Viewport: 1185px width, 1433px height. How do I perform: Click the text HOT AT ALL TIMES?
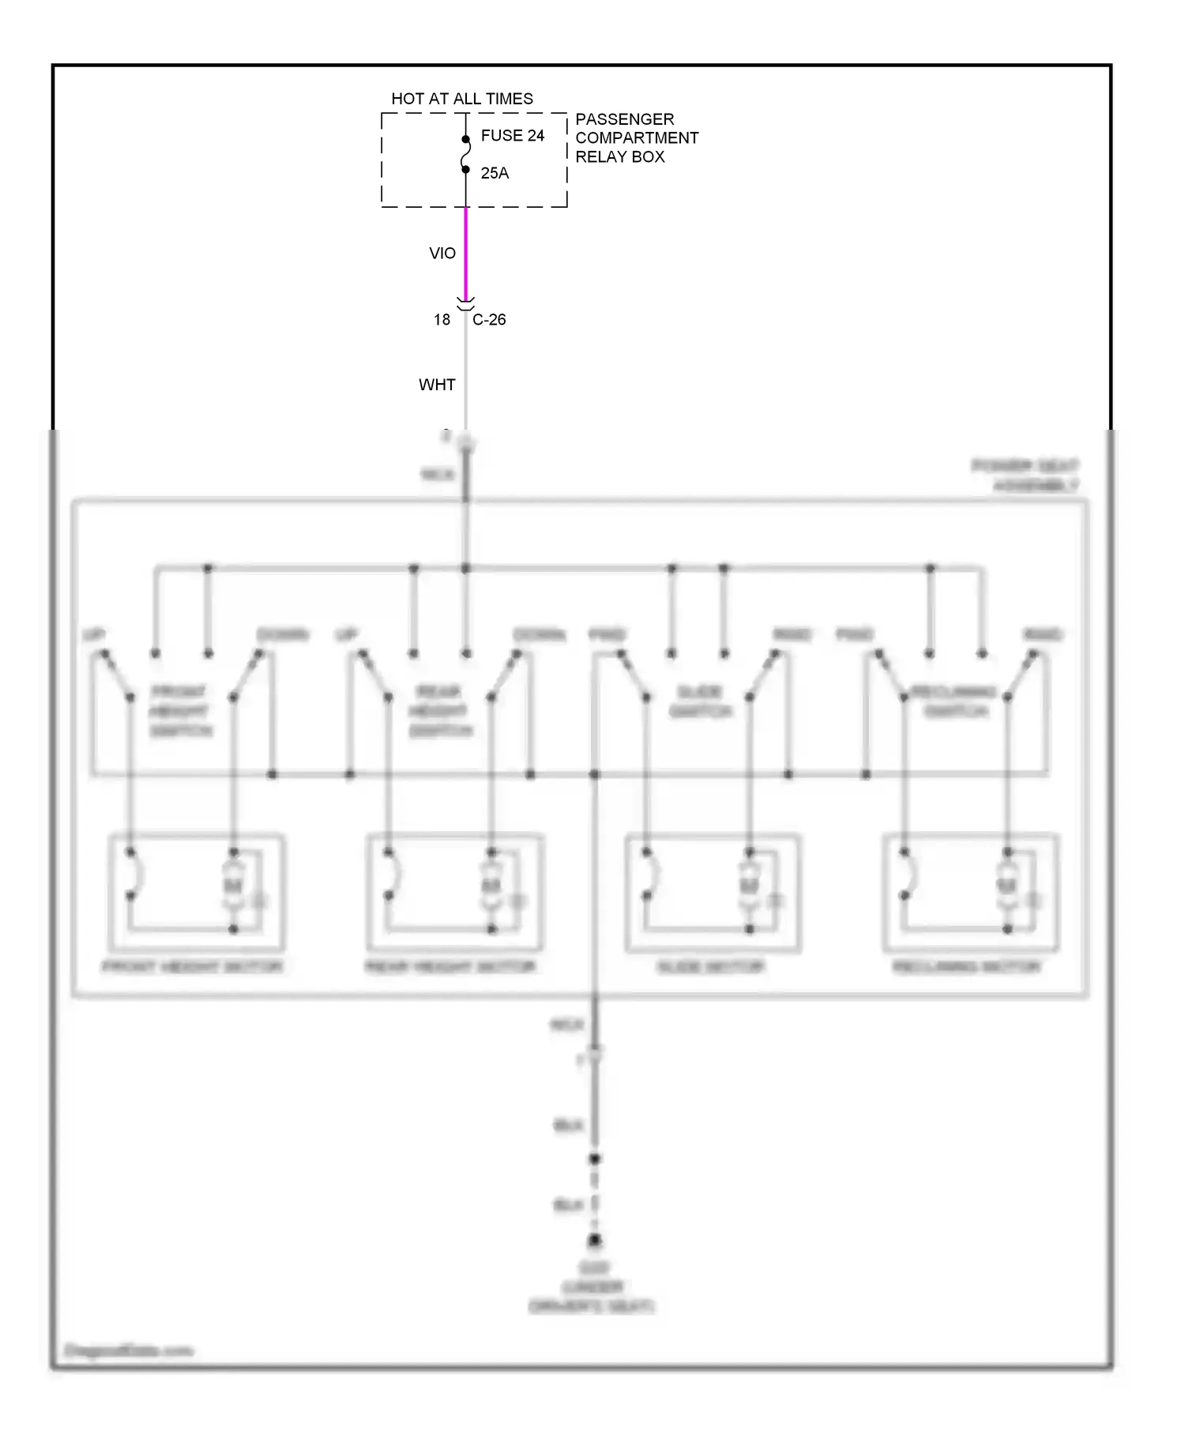point(462,99)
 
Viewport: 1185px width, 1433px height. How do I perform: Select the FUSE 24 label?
point(512,136)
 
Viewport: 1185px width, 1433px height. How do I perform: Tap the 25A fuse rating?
point(495,173)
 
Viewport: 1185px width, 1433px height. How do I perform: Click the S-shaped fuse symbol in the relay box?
point(466,155)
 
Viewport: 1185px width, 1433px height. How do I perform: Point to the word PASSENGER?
point(624,119)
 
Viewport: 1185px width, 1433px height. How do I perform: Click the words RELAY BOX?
point(619,156)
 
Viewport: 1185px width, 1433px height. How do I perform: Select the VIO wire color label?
point(442,254)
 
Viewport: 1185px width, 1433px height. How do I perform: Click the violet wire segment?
point(466,253)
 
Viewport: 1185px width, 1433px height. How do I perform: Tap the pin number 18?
point(442,320)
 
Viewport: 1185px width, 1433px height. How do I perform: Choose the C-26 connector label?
point(489,320)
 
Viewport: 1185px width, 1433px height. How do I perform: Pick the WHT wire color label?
point(437,385)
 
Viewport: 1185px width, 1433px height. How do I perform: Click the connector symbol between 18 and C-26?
point(466,304)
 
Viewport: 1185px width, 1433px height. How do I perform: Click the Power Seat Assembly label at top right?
point(1026,476)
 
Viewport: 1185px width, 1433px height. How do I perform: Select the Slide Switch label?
point(700,702)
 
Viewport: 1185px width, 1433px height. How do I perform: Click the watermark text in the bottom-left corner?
point(128,1351)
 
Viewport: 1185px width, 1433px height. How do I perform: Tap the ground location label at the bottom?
point(592,1288)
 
